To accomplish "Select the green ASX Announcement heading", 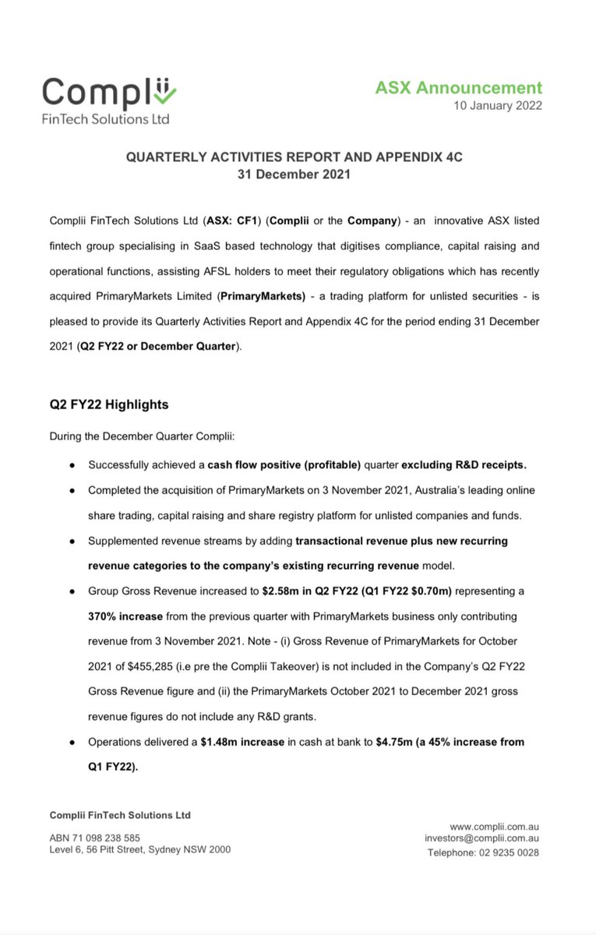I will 458,88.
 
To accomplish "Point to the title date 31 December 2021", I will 294,175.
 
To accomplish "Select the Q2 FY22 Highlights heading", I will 108,405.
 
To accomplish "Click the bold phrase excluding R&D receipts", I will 464,465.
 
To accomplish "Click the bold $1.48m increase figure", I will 242,742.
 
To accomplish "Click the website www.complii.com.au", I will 495,826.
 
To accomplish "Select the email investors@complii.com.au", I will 482,838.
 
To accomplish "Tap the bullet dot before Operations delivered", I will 72,743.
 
